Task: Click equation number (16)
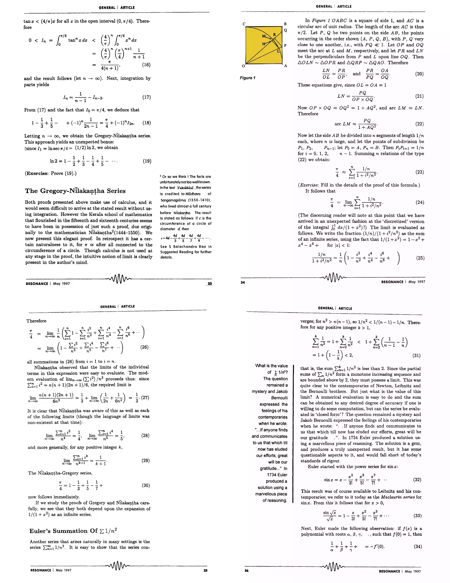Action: (146, 65)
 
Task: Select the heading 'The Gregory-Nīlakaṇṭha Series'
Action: (75, 191)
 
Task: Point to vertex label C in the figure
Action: (244, 24)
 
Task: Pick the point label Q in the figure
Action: (285, 30)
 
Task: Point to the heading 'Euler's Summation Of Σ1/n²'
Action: (73, 531)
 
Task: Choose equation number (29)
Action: (145, 460)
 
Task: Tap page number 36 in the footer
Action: (247, 571)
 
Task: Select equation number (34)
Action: (418, 546)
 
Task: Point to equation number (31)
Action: (416, 355)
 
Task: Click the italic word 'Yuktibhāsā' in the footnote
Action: (185, 188)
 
